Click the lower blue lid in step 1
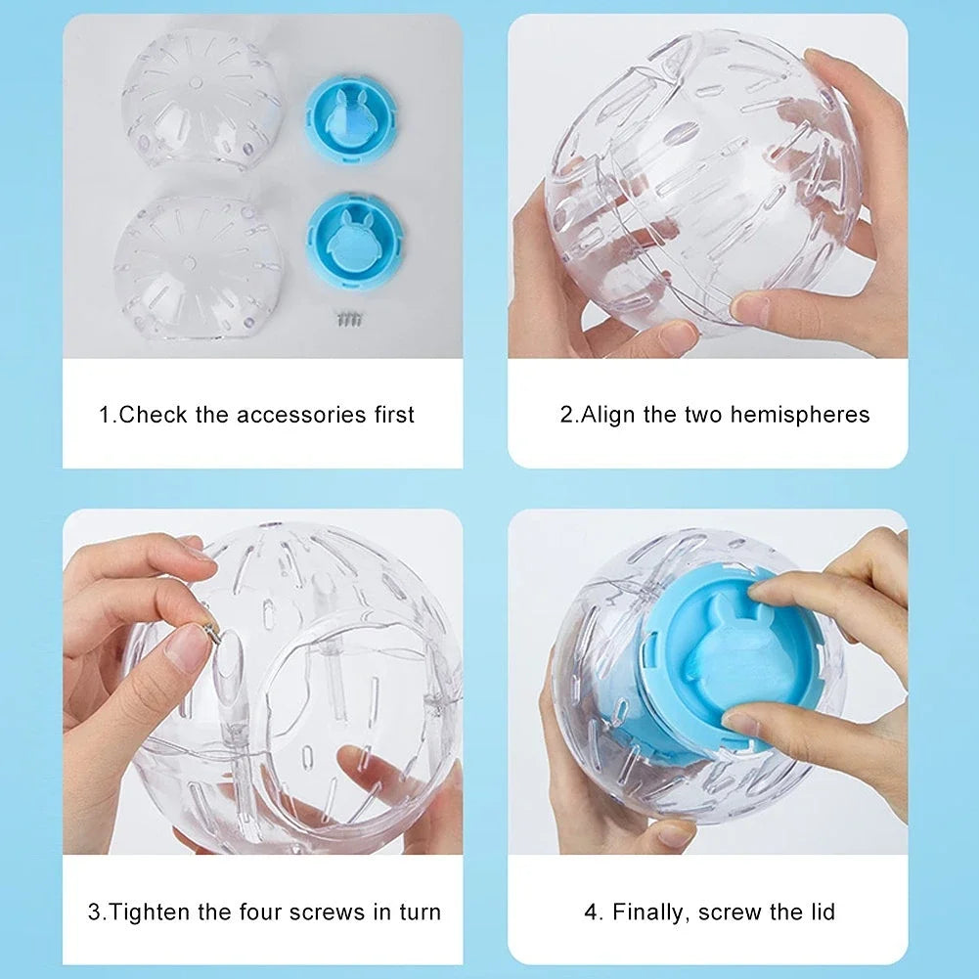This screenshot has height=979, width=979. pos(353,241)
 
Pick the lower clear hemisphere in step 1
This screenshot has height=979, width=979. pos(197,262)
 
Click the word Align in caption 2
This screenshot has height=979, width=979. pos(608,415)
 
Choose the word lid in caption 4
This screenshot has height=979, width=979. pos(821,912)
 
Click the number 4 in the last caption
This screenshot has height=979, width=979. pos(592,912)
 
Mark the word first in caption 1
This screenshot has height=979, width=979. pos(394,415)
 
